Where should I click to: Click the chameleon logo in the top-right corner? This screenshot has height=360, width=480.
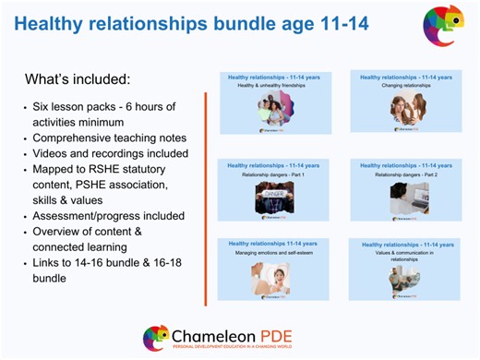pyautogui.click(x=443, y=26)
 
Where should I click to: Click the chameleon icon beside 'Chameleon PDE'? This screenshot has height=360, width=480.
pyautogui.click(x=156, y=337)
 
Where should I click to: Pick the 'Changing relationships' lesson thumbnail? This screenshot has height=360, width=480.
pyautogui.click(x=405, y=102)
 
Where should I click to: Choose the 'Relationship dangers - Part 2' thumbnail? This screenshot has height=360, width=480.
pyautogui.click(x=405, y=190)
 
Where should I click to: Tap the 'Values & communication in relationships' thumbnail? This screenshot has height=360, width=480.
pyautogui.click(x=405, y=270)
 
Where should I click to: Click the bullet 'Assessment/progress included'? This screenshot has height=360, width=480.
pyautogui.click(x=108, y=216)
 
